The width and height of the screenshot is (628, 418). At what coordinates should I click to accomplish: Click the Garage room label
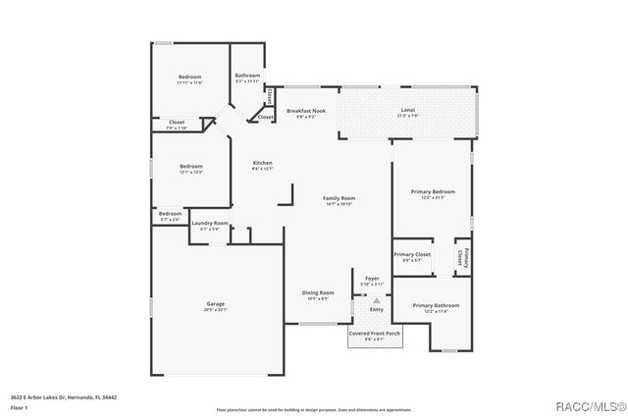click(x=216, y=306)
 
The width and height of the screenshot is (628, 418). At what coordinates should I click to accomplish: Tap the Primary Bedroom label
click(x=432, y=194)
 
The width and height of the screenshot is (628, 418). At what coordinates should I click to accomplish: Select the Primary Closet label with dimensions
click(x=413, y=257)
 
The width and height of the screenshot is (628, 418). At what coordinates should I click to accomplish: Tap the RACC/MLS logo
click(x=586, y=404)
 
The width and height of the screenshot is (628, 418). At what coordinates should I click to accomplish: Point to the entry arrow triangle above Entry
click(x=375, y=299)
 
